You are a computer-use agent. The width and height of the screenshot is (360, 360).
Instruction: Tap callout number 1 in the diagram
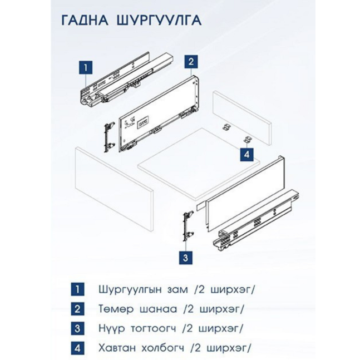[x=84, y=67]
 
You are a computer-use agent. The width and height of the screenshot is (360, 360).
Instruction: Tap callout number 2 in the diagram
[x=190, y=61]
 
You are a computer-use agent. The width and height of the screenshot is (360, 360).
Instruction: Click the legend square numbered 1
[x=77, y=290]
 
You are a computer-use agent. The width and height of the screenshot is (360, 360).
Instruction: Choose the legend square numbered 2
[x=77, y=309]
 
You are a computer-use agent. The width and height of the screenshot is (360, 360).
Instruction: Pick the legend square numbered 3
[x=77, y=328]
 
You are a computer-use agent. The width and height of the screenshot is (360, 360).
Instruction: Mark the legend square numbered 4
[x=77, y=348]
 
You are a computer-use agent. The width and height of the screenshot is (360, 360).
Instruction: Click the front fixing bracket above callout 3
[x=187, y=226]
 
